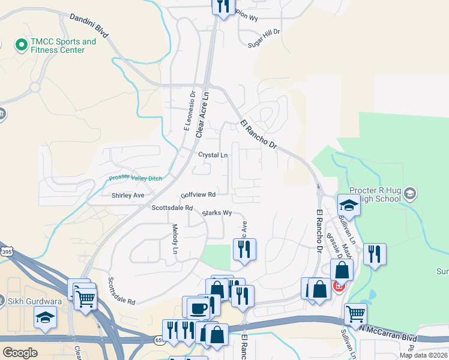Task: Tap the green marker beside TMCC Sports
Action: coord(21,44)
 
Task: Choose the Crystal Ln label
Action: coord(213,155)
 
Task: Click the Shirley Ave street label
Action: coord(128,196)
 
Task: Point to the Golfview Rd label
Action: coord(198,195)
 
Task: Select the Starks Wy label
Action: coord(217,212)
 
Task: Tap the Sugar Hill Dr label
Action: coord(264,37)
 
